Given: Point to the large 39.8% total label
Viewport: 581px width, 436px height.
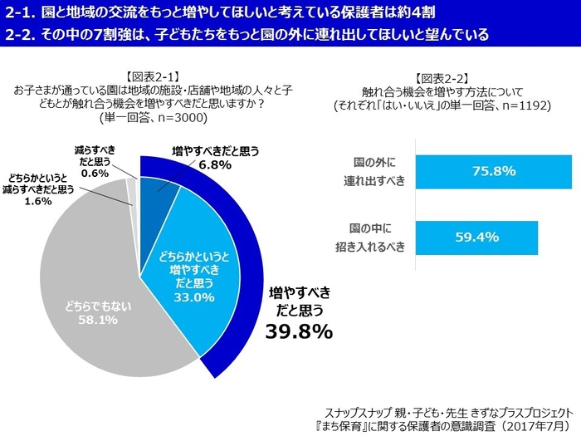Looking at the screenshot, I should coord(299,331).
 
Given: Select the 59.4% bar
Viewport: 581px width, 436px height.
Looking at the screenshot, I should coord(476,238).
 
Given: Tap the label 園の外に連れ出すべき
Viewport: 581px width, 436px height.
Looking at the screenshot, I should coord(378,171).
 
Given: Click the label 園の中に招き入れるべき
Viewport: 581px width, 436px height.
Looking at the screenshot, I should coord(378,238).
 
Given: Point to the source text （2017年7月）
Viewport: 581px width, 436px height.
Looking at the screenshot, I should coord(531,424).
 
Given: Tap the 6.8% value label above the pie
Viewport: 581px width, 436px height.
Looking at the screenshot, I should coord(215,164).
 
